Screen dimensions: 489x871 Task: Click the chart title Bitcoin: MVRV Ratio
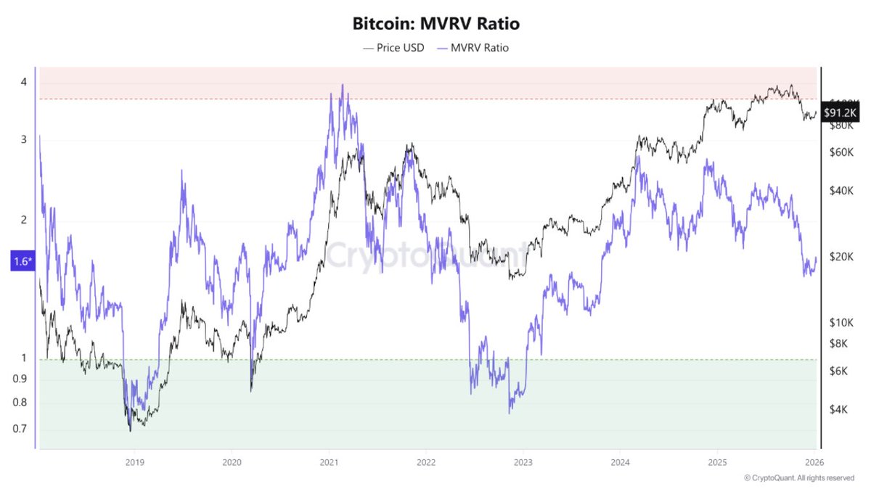435,24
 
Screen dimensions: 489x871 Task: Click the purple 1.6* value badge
22,261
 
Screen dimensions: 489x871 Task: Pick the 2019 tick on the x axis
134,461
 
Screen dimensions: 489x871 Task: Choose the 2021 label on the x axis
329,461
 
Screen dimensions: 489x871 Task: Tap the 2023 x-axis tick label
523,461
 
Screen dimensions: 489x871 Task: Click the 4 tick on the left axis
24,82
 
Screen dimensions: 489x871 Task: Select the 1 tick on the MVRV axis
24,358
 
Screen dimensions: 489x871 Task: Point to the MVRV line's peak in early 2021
342,85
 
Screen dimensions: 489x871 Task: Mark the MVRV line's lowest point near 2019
131,431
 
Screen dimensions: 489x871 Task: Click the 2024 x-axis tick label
621,461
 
